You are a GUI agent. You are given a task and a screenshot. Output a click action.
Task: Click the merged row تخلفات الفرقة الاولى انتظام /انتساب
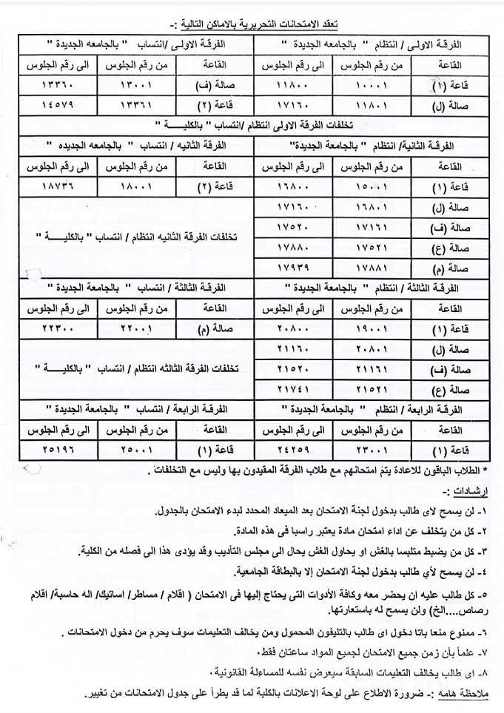(252, 121)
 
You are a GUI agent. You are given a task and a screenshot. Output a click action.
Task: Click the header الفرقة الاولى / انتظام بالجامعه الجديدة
(377, 45)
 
